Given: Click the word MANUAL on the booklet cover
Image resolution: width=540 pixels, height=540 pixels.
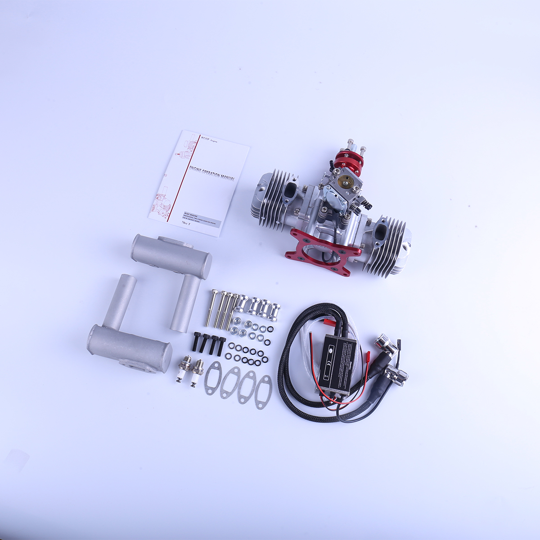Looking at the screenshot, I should click(225, 178).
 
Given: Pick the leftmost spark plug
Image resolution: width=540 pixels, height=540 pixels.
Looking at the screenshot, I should click(183, 369).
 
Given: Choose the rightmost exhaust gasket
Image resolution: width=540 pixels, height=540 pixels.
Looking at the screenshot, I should click(263, 391).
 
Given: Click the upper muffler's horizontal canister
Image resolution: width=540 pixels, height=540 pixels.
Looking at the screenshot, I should click(171, 256).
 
